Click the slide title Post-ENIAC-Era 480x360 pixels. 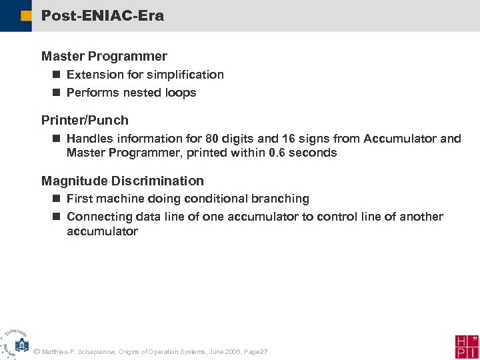click(102, 15)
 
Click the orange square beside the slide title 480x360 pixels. click(25, 16)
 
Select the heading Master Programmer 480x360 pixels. click(104, 57)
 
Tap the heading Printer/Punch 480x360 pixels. click(85, 121)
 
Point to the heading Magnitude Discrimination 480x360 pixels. click(122, 181)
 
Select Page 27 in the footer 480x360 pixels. click(256, 351)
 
